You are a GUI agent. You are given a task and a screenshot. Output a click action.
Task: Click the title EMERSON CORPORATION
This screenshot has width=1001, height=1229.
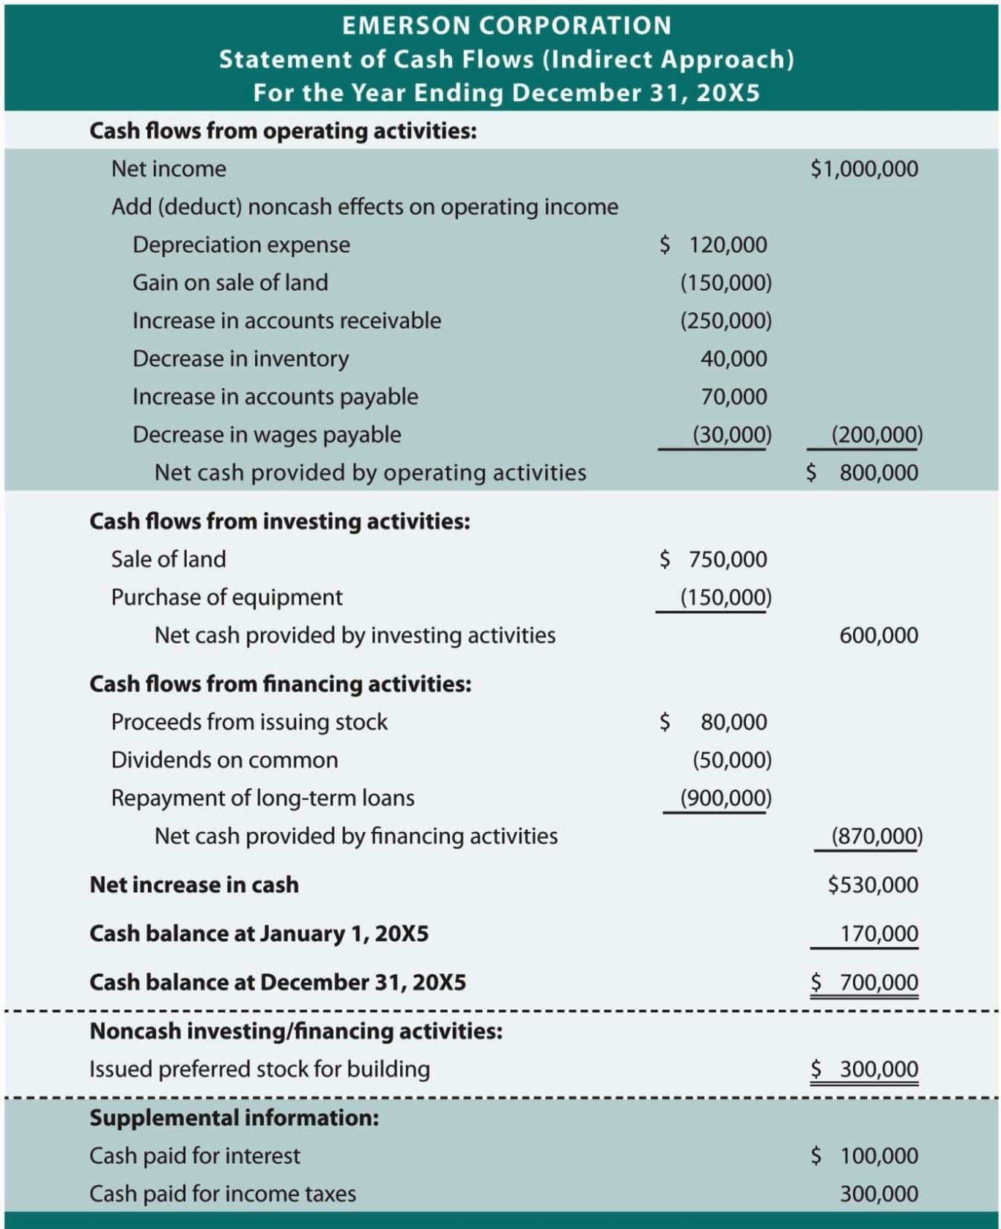[506, 26]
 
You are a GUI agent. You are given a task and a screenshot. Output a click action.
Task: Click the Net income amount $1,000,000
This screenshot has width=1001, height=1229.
[864, 169]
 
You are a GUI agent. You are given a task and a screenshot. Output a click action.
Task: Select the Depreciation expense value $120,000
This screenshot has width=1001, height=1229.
[713, 245]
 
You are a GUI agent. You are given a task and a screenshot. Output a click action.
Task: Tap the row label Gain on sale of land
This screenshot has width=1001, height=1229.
[230, 283]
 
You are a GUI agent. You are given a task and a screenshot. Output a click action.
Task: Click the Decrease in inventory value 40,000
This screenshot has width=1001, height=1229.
[733, 358]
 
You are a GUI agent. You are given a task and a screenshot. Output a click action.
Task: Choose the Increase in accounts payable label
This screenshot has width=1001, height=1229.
[275, 396]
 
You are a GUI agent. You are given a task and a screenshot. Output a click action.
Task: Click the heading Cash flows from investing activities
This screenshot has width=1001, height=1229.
[280, 521]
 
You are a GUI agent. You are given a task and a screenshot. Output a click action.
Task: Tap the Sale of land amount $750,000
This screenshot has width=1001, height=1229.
[713, 559]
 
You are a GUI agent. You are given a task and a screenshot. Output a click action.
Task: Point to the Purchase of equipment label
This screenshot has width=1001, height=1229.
[227, 597]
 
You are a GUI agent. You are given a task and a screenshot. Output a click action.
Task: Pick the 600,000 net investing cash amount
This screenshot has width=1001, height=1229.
[878, 635]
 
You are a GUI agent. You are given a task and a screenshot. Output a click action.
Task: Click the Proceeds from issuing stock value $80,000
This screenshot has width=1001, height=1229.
[714, 721]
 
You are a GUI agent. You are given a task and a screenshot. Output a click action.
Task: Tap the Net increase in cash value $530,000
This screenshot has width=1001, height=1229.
[872, 885]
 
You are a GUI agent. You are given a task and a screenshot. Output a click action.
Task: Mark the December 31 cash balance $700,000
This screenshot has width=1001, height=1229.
[865, 982]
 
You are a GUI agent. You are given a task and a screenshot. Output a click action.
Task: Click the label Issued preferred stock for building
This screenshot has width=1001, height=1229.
[260, 1069]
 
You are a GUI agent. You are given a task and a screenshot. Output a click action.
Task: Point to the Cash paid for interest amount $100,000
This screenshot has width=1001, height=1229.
[865, 1155]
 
